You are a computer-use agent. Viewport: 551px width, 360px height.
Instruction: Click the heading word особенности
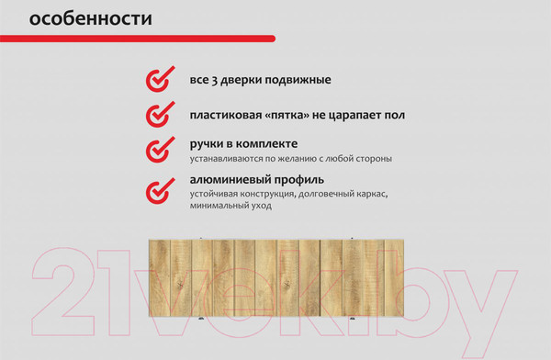click(x=91, y=18)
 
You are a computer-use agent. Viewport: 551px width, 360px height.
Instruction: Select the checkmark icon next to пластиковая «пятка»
click(x=159, y=116)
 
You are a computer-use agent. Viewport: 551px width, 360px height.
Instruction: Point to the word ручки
click(x=210, y=143)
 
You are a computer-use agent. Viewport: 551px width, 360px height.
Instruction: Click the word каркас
click(x=369, y=195)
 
